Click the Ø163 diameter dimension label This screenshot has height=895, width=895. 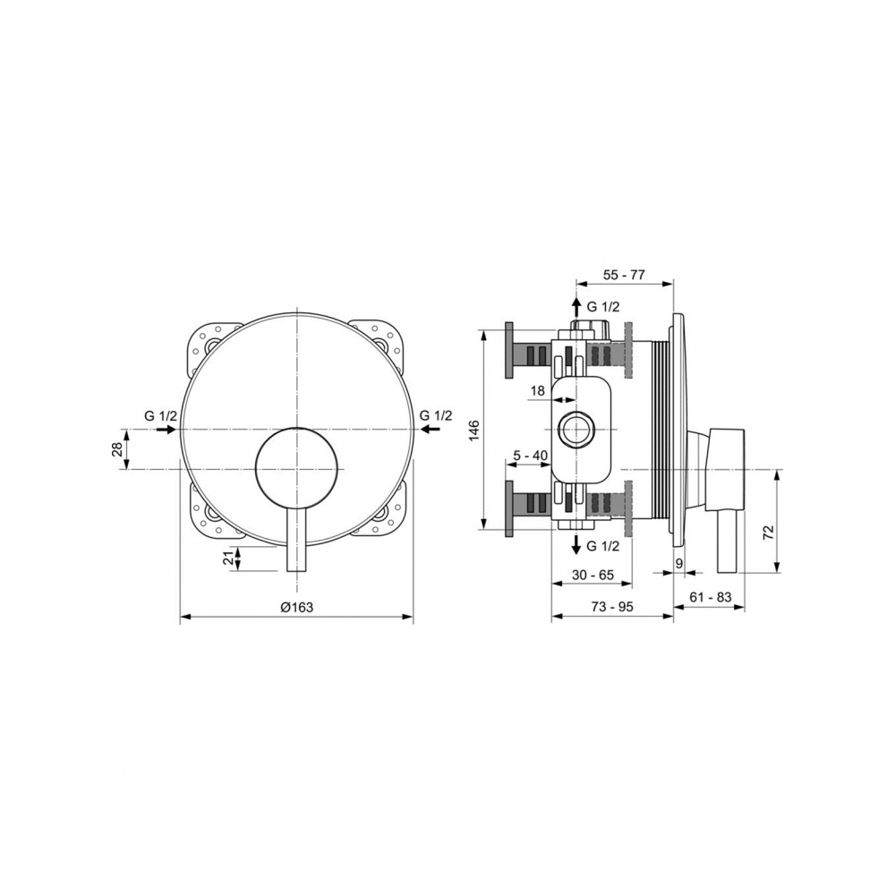pos(297,607)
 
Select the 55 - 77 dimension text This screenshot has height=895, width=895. pos(624,275)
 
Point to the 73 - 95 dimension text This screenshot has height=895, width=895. pos(612,607)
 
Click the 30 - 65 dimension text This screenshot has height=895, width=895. pos(592,575)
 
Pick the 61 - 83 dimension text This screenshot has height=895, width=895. pos(711,597)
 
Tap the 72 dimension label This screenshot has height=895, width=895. pos(768,532)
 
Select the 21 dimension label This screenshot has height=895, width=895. pos(228,558)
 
